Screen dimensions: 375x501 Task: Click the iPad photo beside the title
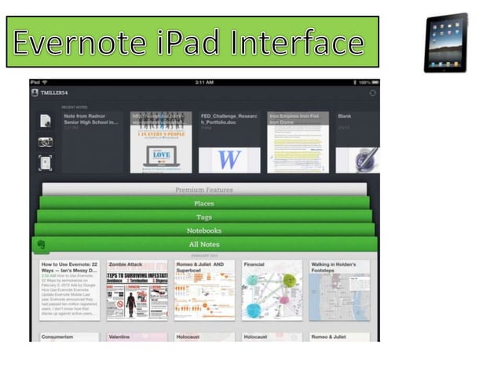coord(445,43)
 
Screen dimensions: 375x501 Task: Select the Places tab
coord(204,203)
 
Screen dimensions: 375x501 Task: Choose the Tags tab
coord(204,217)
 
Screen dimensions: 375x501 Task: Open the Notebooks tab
coord(204,231)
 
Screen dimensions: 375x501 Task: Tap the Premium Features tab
coord(204,189)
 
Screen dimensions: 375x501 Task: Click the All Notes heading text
coord(204,245)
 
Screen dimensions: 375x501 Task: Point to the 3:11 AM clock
coord(204,82)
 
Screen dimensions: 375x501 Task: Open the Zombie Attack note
coord(137,289)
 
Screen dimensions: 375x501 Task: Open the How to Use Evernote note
coord(69,289)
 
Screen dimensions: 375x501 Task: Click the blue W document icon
coord(229,159)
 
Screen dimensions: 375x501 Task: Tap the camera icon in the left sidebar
coord(46,142)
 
